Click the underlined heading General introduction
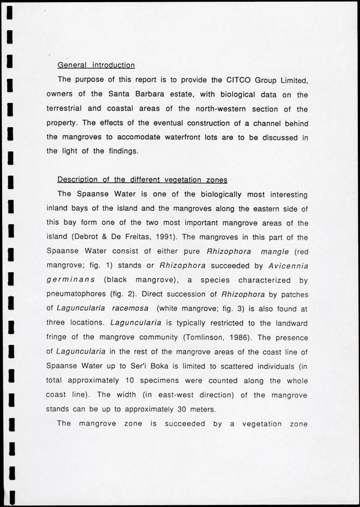coord(96,65)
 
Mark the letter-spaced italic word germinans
coord(69,280)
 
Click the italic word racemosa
coord(131,309)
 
